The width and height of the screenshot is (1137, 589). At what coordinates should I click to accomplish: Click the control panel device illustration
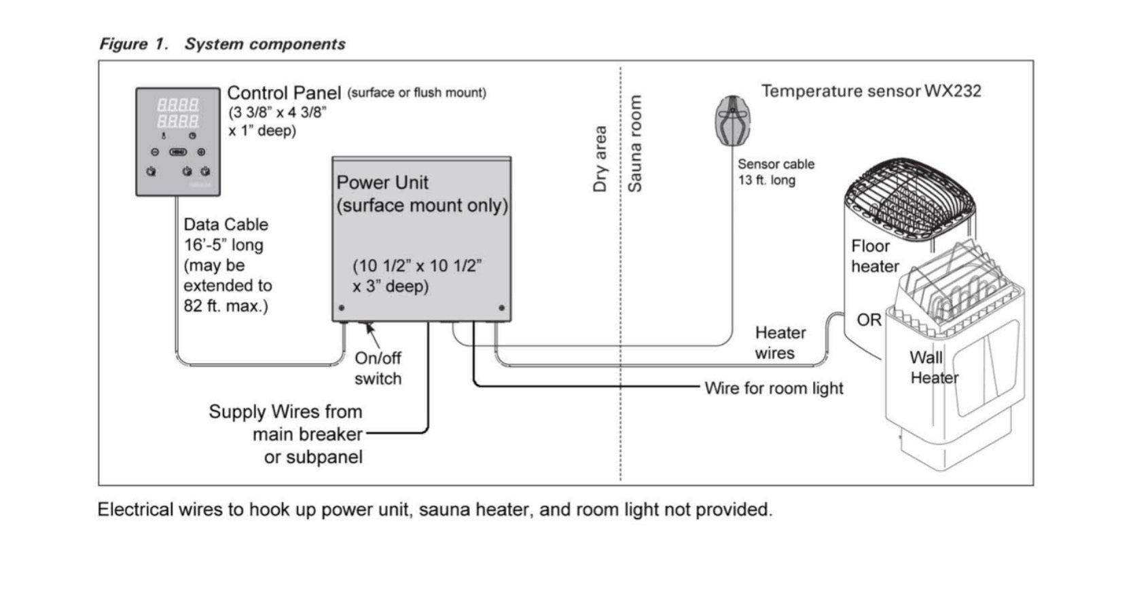tap(178, 142)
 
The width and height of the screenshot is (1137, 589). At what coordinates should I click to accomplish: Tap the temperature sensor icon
tap(732, 120)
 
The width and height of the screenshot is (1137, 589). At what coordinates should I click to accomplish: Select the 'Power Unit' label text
tap(382, 183)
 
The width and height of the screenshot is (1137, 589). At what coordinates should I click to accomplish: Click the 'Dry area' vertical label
tap(600, 159)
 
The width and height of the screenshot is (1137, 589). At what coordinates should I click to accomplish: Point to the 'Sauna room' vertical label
tap(634, 143)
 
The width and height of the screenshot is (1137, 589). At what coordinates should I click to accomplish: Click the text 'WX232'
tap(952, 91)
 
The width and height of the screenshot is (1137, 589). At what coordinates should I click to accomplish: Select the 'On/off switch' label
tap(378, 368)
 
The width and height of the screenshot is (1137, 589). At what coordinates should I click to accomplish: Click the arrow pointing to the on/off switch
tap(371, 333)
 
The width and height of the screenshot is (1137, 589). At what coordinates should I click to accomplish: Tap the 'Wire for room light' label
tap(773, 388)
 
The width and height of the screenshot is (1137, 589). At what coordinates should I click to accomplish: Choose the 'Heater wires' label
tap(780, 343)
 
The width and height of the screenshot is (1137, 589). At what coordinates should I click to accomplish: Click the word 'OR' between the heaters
tap(869, 320)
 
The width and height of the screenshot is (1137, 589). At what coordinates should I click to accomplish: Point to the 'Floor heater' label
tap(874, 256)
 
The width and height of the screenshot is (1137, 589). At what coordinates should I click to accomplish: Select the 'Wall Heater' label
tap(933, 367)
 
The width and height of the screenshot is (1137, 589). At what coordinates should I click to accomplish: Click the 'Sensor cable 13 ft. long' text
tap(776, 172)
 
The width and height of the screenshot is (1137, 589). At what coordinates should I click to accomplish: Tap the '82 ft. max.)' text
tap(225, 306)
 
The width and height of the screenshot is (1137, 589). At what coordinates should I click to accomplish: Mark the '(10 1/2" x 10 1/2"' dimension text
tap(417, 265)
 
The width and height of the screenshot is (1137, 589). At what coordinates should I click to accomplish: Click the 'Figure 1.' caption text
tap(133, 44)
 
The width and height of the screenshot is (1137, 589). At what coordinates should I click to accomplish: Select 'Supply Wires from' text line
tap(285, 412)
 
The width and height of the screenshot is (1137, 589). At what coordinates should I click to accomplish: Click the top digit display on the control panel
tap(178, 104)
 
